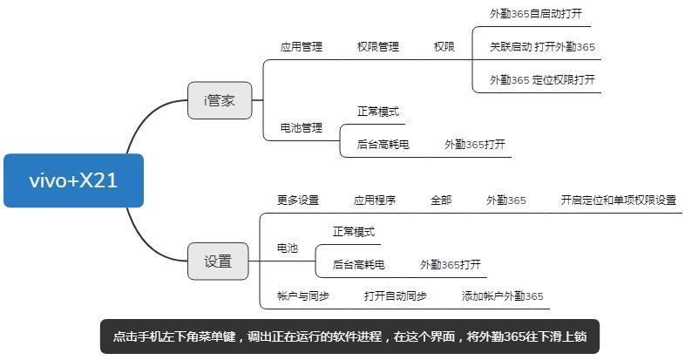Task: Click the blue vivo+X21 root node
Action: coord(73,180)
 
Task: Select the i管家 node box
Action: coord(219,100)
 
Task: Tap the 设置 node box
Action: coord(218,262)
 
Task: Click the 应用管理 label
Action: coord(301,47)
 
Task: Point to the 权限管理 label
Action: coord(377,47)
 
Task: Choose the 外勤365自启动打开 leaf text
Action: coord(535,14)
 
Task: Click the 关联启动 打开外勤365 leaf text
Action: coord(542,47)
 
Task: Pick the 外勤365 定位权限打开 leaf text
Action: coord(542,79)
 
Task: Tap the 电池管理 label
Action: coord(301,127)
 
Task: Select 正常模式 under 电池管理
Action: coord(377,112)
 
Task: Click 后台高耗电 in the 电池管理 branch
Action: coord(383,145)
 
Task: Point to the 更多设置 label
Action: coord(298,200)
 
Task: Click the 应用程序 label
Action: coord(375,200)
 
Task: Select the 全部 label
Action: coord(441,200)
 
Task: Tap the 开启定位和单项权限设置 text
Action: coord(618,200)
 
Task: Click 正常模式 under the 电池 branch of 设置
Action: coord(353,232)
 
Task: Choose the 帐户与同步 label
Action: coord(303,296)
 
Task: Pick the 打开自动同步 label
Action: coord(396,296)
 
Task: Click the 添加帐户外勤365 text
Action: coord(502,296)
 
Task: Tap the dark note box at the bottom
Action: coord(349,336)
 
